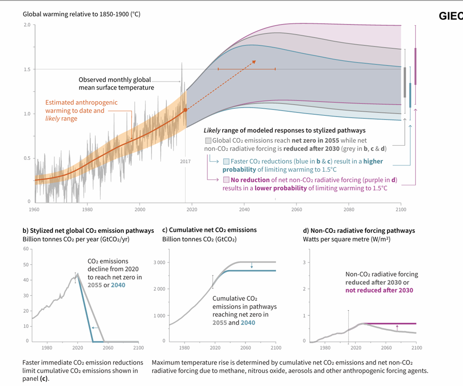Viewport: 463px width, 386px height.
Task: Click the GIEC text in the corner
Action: (x=451, y=16)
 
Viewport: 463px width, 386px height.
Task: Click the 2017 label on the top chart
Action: (x=185, y=161)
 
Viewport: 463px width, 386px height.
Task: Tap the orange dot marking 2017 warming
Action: (x=185, y=110)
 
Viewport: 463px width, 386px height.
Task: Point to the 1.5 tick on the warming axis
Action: (x=27, y=70)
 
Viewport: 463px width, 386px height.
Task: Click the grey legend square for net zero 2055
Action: (x=208, y=140)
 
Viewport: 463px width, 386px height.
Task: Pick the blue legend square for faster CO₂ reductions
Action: (x=226, y=161)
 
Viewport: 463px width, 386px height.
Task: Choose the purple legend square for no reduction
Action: (x=226, y=180)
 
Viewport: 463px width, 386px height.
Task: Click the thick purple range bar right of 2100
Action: (x=416, y=65)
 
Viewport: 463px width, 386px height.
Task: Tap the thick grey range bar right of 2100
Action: (x=405, y=82)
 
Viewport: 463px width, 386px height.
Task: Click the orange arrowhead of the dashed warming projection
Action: (x=254, y=62)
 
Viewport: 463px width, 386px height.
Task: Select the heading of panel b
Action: (x=88, y=231)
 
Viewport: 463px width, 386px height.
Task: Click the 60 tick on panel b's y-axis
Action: (x=26, y=249)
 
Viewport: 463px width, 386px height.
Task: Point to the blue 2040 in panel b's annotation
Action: (x=118, y=285)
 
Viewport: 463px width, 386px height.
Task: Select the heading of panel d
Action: (x=358, y=231)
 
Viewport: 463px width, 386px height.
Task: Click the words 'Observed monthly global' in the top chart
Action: (x=114, y=80)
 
